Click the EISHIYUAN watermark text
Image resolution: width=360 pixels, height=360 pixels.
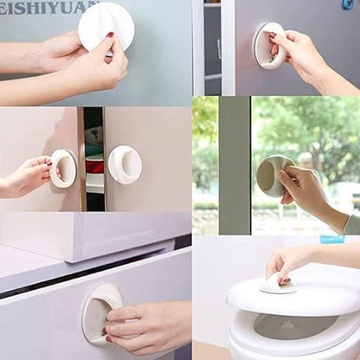tap(48, 8)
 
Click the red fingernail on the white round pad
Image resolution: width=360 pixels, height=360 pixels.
tap(110, 35)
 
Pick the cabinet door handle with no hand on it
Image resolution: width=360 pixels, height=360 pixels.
tap(125, 164)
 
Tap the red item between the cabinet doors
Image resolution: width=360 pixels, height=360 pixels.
tap(94, 165)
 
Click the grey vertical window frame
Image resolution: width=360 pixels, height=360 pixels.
tap(234, 164)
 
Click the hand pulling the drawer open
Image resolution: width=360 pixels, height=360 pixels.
tap(147, 325)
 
